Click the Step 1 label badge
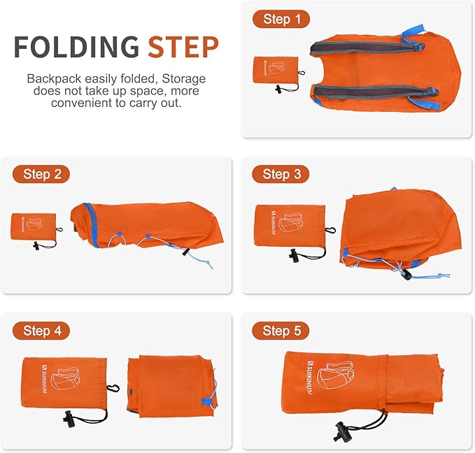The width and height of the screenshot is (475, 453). pos(281,19)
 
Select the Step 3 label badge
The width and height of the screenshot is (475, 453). pos(281,174)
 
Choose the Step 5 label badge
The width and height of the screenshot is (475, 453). pos(281,331)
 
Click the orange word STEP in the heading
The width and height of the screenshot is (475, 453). pos(183,47)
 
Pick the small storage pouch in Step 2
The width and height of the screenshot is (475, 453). pos(33,229)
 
